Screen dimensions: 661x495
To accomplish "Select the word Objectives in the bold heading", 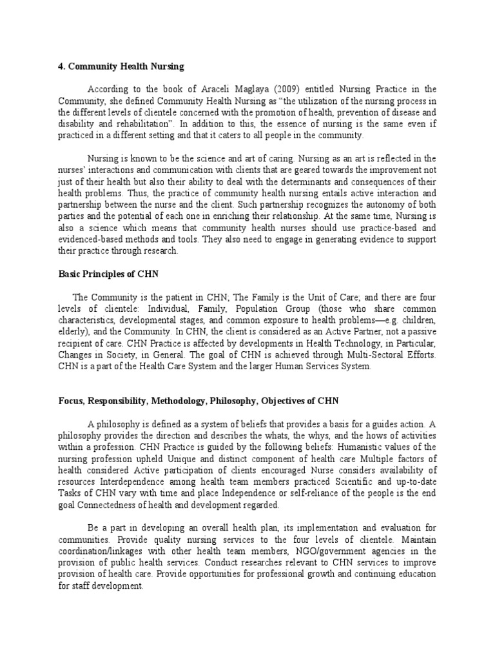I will click(287, 401).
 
